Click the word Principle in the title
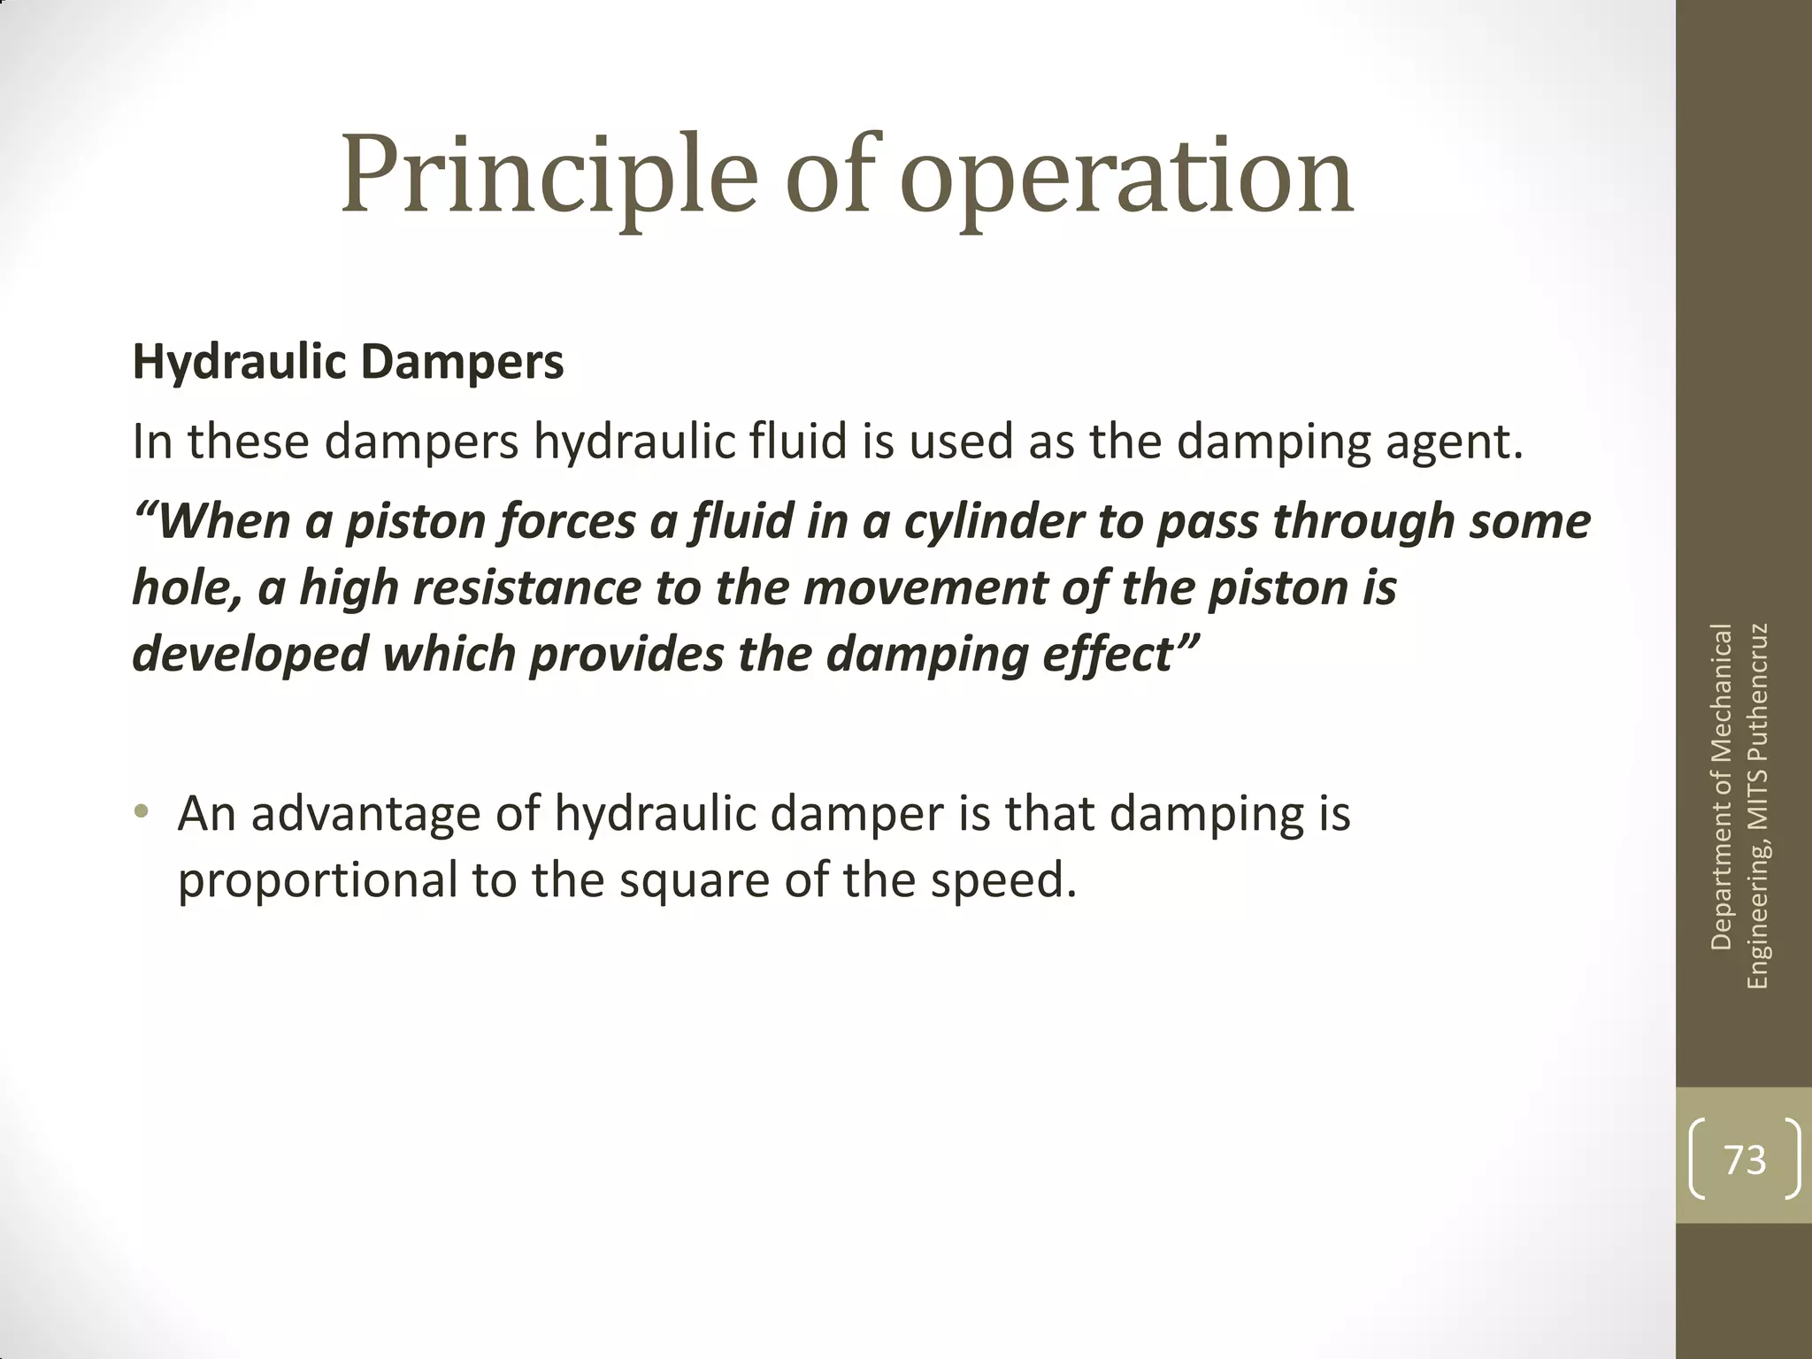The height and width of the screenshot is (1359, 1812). (549, 177)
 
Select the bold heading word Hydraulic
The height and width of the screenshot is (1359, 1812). (238, 363)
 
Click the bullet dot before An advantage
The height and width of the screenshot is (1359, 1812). (141, 811)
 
